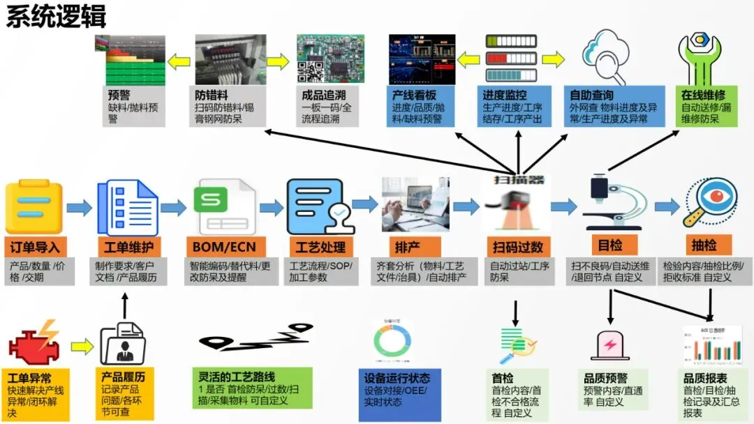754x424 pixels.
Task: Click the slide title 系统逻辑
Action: pos(57,16)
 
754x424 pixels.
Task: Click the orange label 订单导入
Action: pos(34,247)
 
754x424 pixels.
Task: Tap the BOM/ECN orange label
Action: pos(223,247)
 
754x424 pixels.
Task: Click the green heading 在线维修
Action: pos(703,95)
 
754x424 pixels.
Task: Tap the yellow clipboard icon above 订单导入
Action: pos(34,207)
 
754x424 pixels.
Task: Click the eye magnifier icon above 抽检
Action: pos(709,204)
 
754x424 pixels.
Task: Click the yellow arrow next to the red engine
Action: pos(82,345)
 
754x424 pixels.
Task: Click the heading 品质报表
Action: pos(708,379)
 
